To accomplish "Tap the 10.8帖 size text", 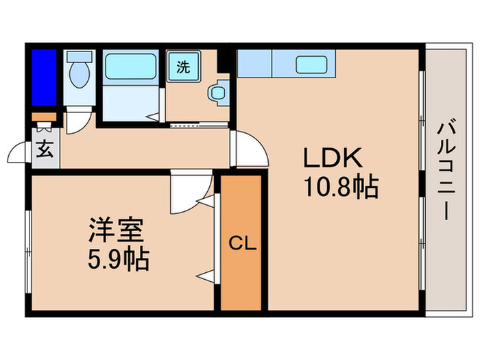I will [x=341, y=186].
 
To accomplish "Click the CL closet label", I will [x=242, y=243].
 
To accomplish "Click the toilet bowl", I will [x=80, y=75].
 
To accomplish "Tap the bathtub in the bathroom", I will [x=132, y=68].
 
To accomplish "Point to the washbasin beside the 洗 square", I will [x=219, y=92].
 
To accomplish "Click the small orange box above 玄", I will [x=42, y=117].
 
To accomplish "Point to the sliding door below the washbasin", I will [x=198, y=125].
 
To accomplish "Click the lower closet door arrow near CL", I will [x=205, y=277].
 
